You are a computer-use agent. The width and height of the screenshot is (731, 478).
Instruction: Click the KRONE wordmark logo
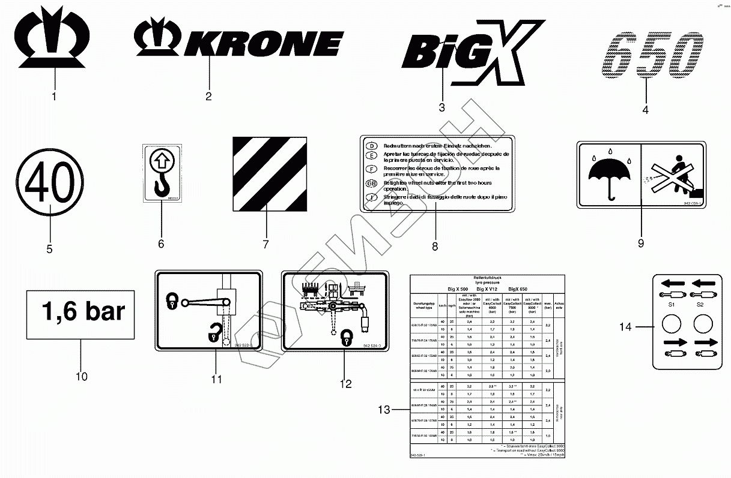click(x=238, y=43)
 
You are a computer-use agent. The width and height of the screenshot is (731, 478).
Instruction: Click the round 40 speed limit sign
click(x=50, y=181)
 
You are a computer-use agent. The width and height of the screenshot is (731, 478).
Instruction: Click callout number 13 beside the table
click(x=384, y=410)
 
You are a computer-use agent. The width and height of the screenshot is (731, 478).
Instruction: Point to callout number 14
click(x=626, y=327)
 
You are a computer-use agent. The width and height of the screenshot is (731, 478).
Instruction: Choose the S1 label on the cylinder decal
click(x=671, y=305)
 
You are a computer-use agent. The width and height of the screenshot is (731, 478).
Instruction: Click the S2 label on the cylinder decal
click(x=700, y=305)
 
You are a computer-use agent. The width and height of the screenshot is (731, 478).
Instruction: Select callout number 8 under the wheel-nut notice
click(x=435, y=246)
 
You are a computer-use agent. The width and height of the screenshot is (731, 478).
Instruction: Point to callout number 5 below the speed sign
click(x=49, y=248)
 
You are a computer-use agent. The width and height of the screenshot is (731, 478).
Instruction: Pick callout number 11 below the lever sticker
click(x=216, y=379)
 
